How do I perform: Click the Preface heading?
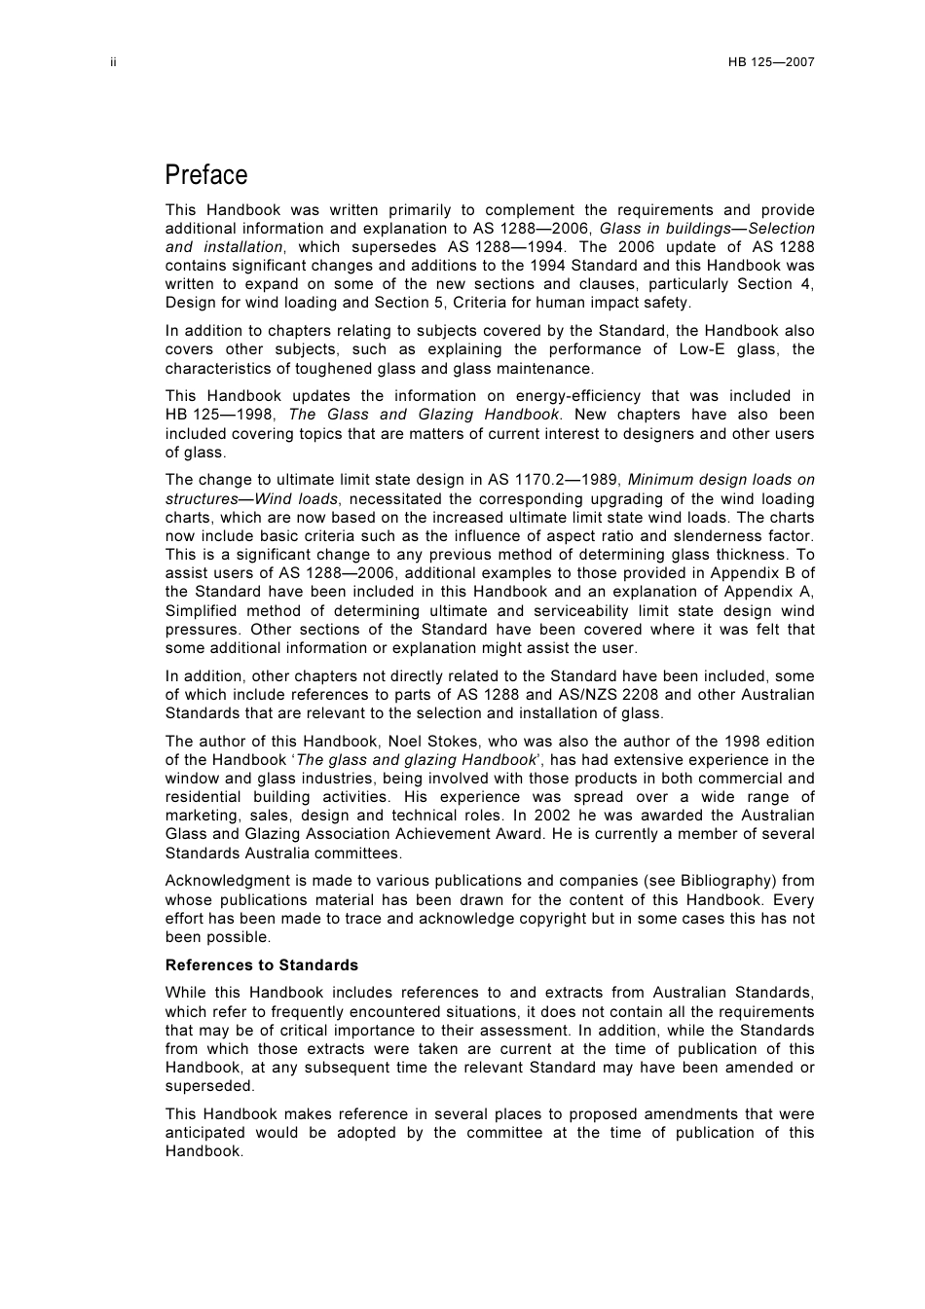coord(206,175)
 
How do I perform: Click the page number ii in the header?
coord(113,62)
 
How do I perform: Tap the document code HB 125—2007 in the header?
coord(770,62)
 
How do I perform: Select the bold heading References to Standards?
coord(261,965)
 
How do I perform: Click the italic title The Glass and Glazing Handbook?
coord(425,415)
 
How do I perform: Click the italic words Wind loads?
coord(295,498)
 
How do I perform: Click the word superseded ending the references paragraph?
coord(209,1086)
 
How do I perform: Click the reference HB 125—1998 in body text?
coord(220,415)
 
